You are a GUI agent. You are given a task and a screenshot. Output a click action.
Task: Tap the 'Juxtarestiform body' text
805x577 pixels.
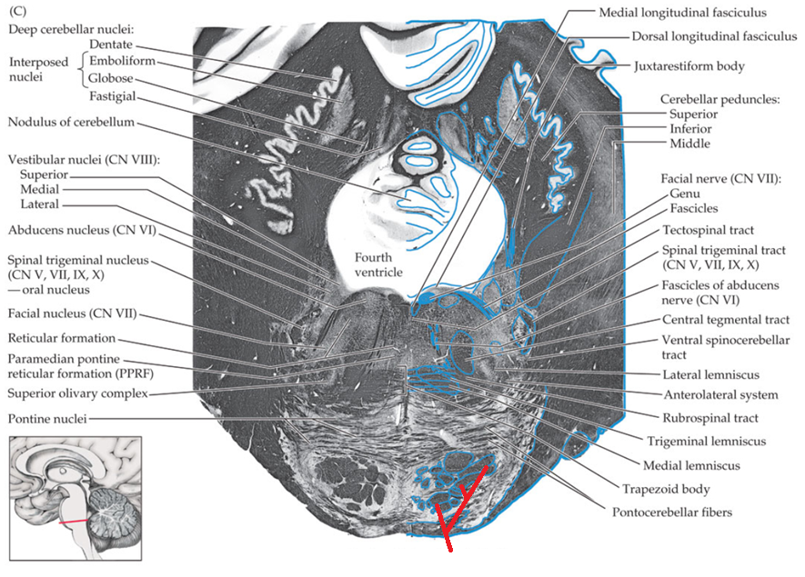pos(690,66)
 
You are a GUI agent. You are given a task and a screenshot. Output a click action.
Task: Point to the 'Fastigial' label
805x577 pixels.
pos(114,95)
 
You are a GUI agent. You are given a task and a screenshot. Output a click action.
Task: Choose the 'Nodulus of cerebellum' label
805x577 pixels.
pos(71,122)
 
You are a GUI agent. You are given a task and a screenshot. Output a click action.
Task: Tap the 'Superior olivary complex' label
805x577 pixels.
pos(77,393)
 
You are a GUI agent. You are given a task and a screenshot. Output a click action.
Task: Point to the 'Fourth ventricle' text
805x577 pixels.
pos(379,264)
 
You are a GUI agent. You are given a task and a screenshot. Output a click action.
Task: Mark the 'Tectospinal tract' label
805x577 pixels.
pos(709,230)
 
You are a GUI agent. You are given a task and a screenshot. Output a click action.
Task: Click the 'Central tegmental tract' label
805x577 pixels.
pos(725,320)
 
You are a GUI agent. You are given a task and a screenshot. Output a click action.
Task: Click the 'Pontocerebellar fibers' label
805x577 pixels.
pos(667,512)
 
